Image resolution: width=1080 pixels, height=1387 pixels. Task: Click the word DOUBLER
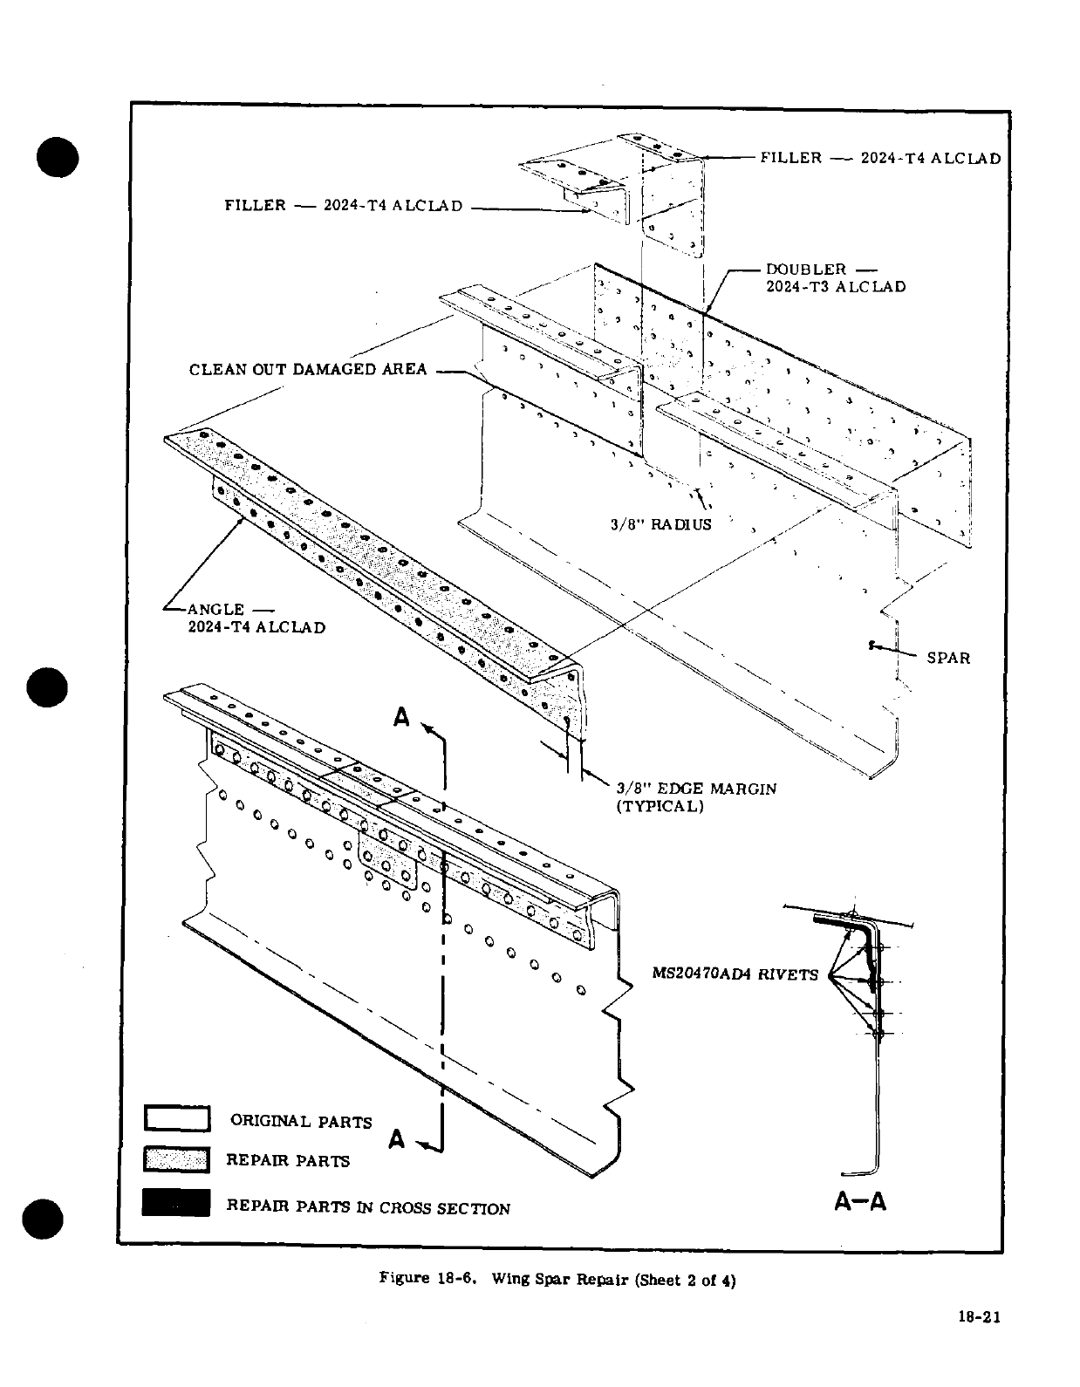[805, 269]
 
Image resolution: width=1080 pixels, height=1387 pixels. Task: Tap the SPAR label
[948, 658]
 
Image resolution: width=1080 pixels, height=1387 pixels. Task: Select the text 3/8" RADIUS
[660, 524]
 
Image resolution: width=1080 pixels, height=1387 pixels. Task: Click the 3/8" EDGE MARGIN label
[696, 789]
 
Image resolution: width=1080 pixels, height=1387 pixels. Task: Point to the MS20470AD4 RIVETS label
[735, 974]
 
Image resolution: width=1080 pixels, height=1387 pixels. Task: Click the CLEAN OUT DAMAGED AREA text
[308, 369]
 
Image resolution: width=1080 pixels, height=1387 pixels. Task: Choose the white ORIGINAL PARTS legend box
[177, 1118]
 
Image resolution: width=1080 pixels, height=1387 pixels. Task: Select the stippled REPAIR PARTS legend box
[177, 1160]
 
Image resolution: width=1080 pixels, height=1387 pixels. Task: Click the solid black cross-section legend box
[177, 1202]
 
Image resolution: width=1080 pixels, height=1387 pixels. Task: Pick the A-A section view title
[860, 1201]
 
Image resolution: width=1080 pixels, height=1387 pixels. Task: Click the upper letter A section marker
[401, 718]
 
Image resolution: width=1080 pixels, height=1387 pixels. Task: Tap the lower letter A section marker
[397, 1138]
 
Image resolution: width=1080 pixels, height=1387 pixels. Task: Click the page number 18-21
[977, 1317]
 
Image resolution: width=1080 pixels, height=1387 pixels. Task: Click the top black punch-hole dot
[58, 157]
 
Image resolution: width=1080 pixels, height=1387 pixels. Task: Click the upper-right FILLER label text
[790, 158]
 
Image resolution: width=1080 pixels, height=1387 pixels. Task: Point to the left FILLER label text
[255, 206]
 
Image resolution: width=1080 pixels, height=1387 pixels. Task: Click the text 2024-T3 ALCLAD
[836, 286]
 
